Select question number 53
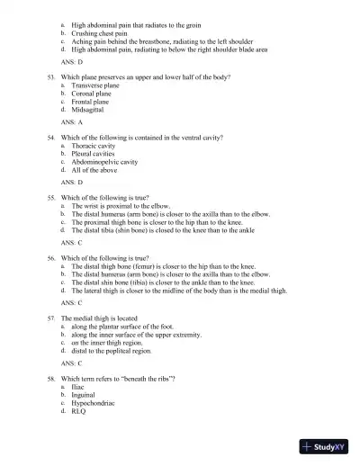[51, 77]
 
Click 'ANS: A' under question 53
[72, 121]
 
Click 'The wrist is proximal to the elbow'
[120, 205]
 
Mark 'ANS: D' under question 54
[72, 182]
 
